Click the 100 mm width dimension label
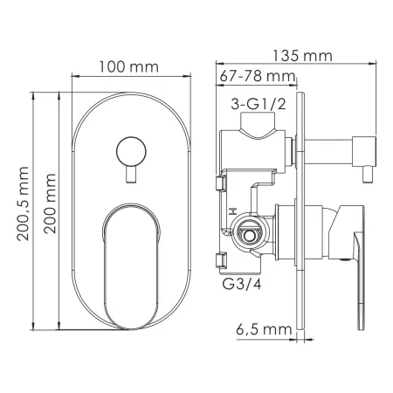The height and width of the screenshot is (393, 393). click(x=129, y=67)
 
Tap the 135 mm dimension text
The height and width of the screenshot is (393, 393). click(x=302, y=56)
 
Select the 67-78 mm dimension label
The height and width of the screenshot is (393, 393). click(x=258, y=76)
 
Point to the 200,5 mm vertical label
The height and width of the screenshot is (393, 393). click(x=23, y=203)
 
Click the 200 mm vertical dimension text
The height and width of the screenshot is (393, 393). click(x=50, y=203)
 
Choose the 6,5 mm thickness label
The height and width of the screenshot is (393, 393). click(x=264, y=329)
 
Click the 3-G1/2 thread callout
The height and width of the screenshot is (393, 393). click(x=259, y=104)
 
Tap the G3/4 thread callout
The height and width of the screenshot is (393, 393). click(x=242, y=284)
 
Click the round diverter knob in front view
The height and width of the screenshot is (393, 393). click(x=131, y=152)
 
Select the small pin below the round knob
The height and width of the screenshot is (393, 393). click(x=131, y=175)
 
